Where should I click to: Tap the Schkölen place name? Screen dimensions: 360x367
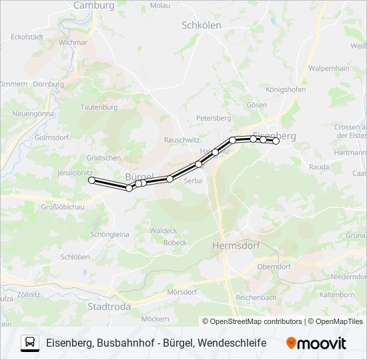click(201, 25)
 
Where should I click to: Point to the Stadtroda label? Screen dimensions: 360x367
click(109, 307)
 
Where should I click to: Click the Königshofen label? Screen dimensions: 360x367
click(286, 89)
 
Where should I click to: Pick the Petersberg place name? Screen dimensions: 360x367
click(213, 118)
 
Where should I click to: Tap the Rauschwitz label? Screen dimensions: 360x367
click(181, 141)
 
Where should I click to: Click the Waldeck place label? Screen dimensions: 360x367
click(163, 231)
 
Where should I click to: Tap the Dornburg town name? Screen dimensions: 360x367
click(48, 85)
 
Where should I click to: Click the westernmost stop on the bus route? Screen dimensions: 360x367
click(91, 180)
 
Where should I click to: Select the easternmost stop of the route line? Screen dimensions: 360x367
click(276, 141)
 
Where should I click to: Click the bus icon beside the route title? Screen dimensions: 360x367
click(30, 343)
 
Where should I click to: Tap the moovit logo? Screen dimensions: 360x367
click(316, 343)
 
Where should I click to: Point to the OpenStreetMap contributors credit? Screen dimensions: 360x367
click(256, 321)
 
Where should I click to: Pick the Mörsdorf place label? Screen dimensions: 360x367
click(181, 292)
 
